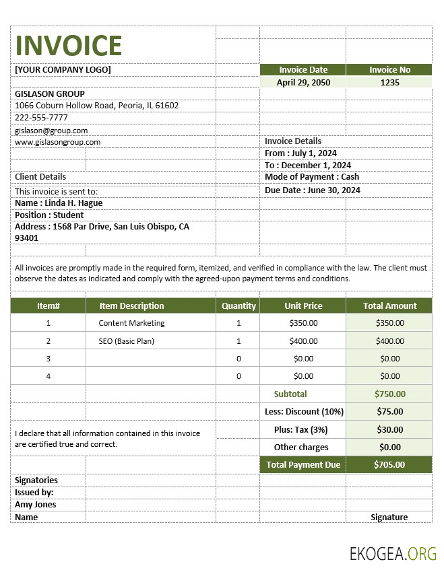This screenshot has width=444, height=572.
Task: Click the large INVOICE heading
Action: (69, 45)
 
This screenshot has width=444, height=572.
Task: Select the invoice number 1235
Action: (389, 82)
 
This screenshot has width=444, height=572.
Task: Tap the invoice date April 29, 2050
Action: (303, 82)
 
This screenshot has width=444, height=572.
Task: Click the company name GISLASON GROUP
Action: (50, 94)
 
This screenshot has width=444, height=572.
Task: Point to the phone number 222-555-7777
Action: (41, 117)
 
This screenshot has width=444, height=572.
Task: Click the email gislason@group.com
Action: (51, 131)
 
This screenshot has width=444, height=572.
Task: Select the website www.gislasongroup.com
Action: (57, 142)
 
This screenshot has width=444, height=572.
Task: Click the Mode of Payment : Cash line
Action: (312, 177)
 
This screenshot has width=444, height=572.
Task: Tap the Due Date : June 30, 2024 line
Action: (312, 190)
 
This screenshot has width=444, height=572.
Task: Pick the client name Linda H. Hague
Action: (59, 203)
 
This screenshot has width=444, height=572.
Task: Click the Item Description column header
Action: (131, 306)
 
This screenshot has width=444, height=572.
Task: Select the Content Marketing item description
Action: (131, 323)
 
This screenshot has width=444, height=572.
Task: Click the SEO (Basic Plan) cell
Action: (126, 341)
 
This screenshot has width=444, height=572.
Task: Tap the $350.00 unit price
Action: (303, 323)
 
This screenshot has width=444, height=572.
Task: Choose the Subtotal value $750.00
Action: (389, 394)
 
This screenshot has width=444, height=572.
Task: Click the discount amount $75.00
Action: (389, 411)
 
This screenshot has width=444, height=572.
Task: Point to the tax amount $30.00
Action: (389, 429)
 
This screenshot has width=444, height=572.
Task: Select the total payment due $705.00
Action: (389, 464)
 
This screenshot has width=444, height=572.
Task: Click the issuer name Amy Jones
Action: (36, 505)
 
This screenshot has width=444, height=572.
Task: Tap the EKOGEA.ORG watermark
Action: (393, 554)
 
